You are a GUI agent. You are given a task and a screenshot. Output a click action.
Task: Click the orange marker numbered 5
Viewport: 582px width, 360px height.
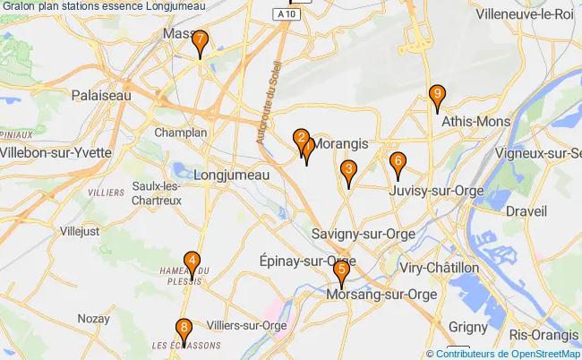341,273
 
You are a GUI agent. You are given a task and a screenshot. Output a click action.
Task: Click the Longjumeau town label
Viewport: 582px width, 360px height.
231,176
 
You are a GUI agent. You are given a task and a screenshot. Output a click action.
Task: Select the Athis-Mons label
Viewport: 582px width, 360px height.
475,121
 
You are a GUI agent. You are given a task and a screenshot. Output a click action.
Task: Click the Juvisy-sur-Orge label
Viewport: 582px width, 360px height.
437,191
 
